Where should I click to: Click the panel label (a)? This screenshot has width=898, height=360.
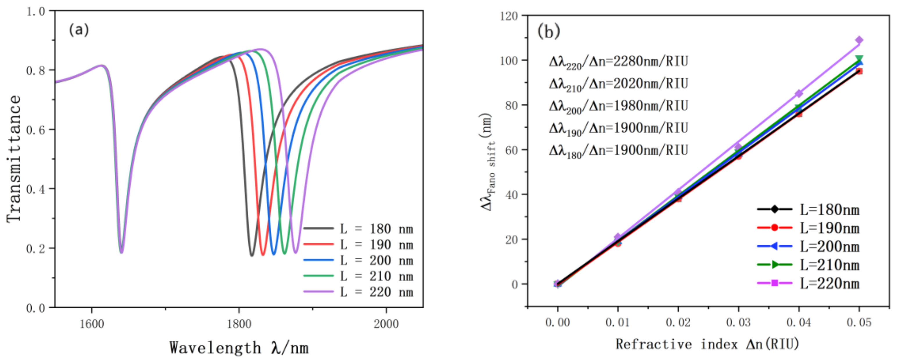tap(79, 30)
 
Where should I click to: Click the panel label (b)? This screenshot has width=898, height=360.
tap(549, 31)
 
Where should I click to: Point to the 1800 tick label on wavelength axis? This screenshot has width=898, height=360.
tap(239, 324)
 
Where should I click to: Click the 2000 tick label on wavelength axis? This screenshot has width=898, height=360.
tap(386, 324)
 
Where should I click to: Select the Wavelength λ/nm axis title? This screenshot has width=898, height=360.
tap(239, 348)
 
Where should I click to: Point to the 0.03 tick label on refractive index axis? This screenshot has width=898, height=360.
tap(738, 322)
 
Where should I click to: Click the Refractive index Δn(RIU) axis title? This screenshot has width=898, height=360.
tap(708, 344)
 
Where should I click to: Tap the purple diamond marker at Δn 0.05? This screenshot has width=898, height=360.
tap(859, 40)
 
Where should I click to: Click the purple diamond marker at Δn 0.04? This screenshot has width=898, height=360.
tap(799, 93)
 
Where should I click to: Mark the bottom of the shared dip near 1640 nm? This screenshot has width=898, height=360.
tap(121, 252)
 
